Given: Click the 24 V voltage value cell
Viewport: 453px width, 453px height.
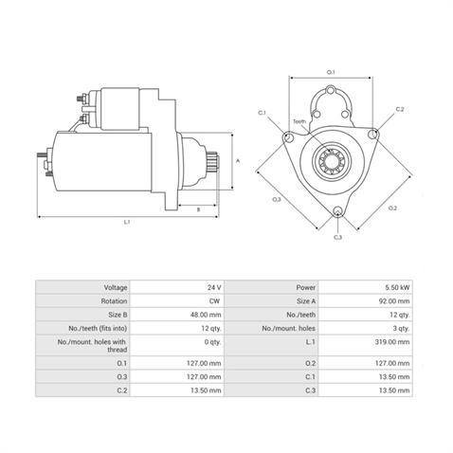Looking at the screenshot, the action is click(214, 287).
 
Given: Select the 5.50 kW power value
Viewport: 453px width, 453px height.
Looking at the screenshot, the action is click(397, 287).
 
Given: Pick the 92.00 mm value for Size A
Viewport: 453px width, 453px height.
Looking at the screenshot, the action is click(394, 301).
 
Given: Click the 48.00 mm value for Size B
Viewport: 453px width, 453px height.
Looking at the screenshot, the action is click(206, 315).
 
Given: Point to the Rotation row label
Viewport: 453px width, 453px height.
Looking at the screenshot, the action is click(114, 301).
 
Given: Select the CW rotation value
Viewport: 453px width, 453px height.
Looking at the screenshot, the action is click(214, 301).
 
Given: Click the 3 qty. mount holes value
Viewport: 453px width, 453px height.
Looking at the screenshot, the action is click(401, 328).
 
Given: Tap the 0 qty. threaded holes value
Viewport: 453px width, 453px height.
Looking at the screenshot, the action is click(212, 342).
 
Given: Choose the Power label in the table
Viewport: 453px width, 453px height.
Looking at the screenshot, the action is click(305, 287).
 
